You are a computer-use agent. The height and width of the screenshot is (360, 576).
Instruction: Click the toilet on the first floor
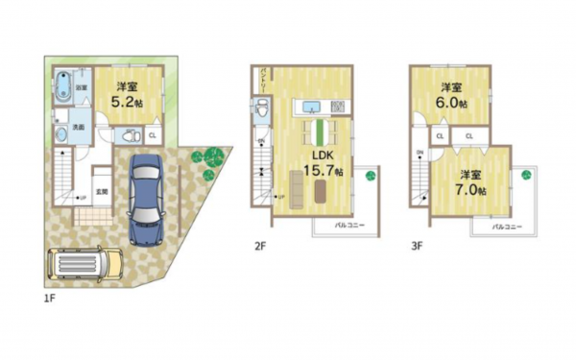point(122,137)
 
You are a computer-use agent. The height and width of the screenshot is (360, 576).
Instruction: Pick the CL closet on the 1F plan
point(152,135)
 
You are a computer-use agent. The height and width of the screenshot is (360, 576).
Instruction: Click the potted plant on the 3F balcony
point(526,174)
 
